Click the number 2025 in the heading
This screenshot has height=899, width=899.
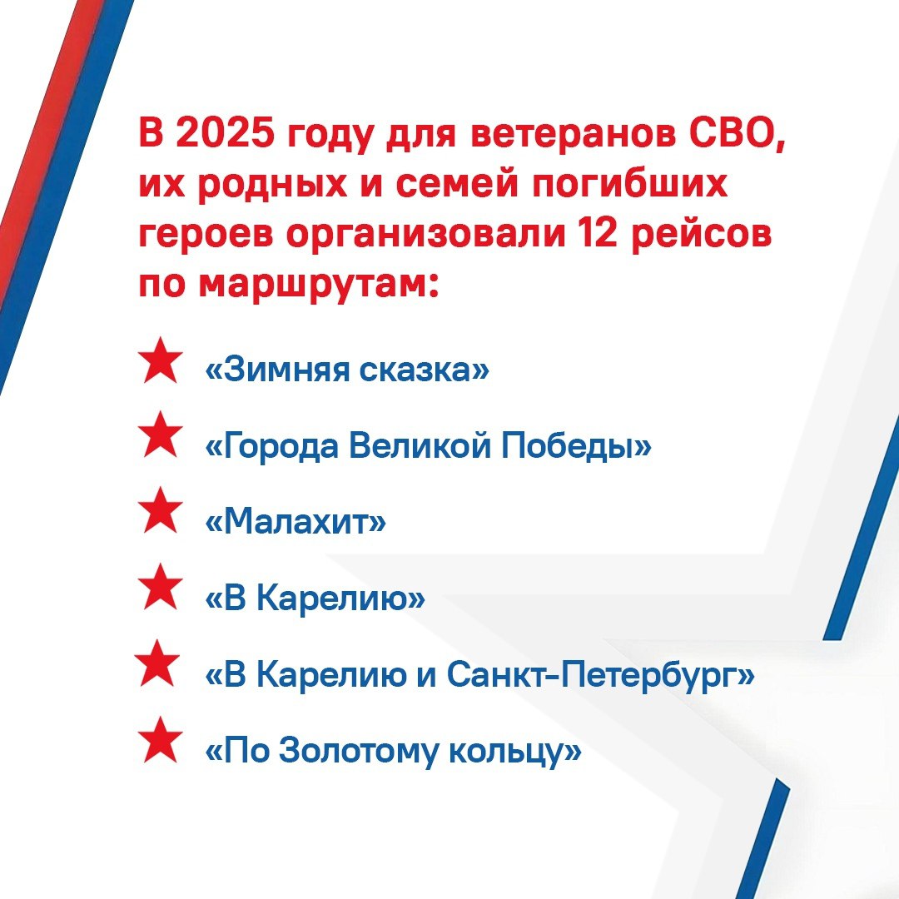[x=224, y=133]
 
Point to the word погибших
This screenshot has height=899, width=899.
[x=630, y=184]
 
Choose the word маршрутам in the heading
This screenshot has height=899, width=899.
[x=314, y=285]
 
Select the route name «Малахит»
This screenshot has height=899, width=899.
[x=296, y=521]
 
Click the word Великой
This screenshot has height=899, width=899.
[x=420, y=445]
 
